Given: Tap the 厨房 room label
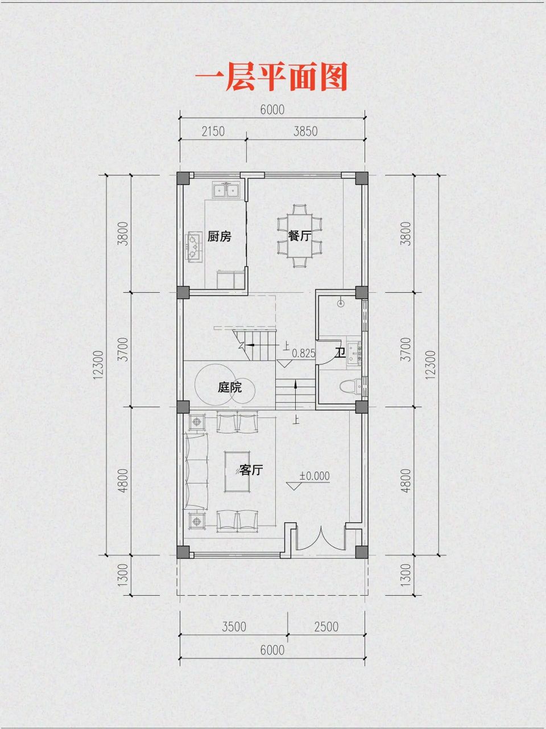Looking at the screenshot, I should coord(219,236).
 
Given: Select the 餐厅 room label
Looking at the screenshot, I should coord(299,236).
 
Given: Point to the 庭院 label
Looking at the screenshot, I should coord(229,388).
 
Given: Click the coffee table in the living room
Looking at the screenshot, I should coord(239,470).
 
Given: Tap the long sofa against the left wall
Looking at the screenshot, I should coord(195,471).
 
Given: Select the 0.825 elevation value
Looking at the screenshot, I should coord(303,353).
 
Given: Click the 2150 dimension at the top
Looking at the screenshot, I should coord(213,132).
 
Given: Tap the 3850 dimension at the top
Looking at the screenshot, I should coord(305,132).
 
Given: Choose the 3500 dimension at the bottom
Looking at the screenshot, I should coord(234,627).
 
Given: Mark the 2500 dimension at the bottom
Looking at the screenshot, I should coord(326,627).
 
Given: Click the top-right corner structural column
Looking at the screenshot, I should coord(361,177).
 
